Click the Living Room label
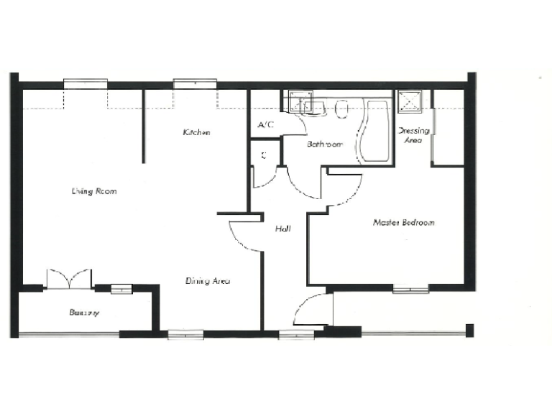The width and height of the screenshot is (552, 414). pos(94,191)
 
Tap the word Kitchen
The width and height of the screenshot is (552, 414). pos(196,132)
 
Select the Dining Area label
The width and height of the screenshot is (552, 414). pos(208,281)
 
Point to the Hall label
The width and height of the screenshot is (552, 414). pos(282,229)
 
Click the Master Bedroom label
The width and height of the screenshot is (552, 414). pos(403,223)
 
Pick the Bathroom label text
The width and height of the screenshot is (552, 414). pos(325,144)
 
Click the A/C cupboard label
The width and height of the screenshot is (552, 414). pos(265,125)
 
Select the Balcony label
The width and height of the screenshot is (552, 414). pos(84,313)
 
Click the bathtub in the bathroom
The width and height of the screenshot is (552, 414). pos(377,132)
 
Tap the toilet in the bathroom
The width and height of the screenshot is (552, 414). pos(342,108)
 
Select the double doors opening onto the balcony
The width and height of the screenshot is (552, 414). pos(69,279)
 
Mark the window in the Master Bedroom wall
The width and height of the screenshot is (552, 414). pos(410,289)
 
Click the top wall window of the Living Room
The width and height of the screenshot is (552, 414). pos(86,84)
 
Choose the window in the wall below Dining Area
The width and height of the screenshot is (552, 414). pos(185,333)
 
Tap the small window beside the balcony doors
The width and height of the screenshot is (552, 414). pos(121,289)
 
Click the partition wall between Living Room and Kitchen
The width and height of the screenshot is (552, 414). pos(142,126)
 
